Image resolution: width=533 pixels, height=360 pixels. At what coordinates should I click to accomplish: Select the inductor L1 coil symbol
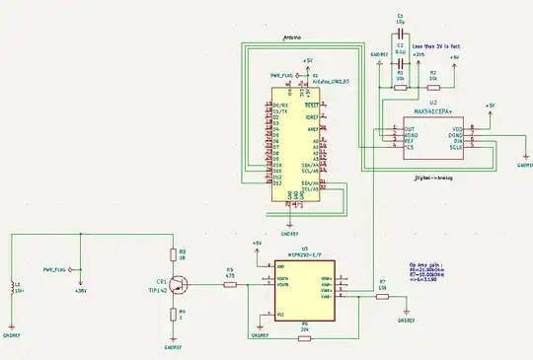click(x=11, y=287)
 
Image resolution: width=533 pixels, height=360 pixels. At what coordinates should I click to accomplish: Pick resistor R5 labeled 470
click(x=230, y=285)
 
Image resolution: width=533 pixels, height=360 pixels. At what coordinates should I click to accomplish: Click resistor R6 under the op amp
click(x=304, y=337)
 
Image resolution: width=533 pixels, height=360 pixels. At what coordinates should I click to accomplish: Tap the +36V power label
click(x=81, y=290)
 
